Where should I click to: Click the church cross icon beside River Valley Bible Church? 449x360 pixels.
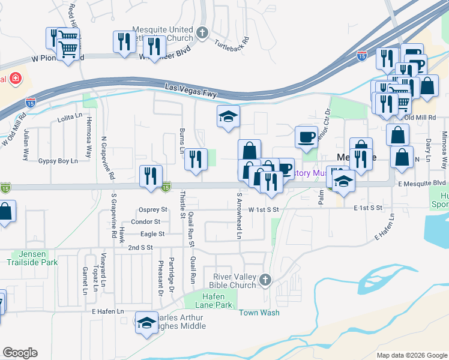click(x=265, y=280)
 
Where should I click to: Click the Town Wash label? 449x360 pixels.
click(x=259, y=313)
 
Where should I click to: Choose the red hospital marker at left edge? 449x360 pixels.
click(x=13, y=79)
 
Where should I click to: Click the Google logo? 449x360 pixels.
click(x=20, y=352)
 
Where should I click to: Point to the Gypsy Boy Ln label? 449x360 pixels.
click(x=58, y=161)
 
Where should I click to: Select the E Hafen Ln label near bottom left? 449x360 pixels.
click(x=107, y=311)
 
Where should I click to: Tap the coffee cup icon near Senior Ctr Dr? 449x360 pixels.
click(x=306, y=136)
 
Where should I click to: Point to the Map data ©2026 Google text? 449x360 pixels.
click(x=412, y=355)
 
